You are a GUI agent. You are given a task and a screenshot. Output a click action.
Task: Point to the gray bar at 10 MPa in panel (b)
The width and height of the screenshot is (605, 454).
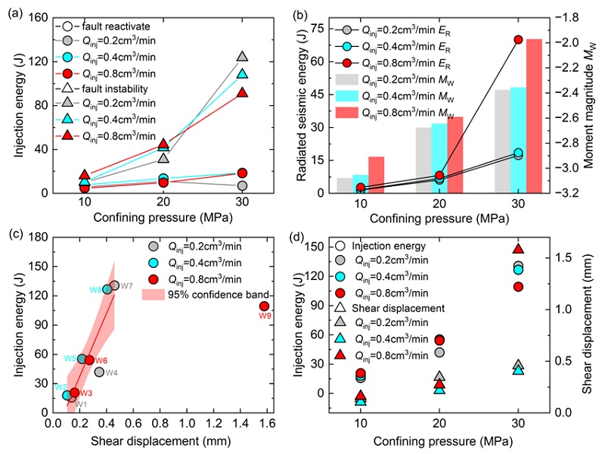coord(345,185)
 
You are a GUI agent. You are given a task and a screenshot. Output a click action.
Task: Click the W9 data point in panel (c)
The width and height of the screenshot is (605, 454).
coord(264,306)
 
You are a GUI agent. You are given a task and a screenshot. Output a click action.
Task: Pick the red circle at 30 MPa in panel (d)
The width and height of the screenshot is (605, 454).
coord(518,286)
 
